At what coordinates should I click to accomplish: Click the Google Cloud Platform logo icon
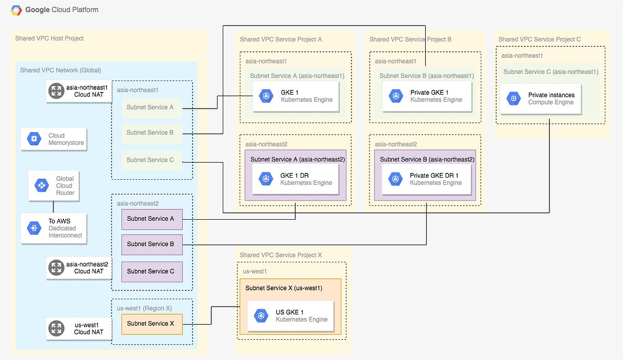[16, 10]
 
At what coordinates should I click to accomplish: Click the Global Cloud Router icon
[40, 185]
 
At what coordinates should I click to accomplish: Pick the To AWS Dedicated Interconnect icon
[34, 228]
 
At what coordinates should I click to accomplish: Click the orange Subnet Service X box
[152, 323]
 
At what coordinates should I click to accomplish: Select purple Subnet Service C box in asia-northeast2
[152, 271]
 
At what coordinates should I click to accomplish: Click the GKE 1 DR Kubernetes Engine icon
[266, 179]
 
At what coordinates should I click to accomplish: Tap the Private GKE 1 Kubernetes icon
[396, 96]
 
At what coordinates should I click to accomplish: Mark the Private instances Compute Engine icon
[513, 98]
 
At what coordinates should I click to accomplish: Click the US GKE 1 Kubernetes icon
[261, 315]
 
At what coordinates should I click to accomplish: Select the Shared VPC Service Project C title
[539, 39]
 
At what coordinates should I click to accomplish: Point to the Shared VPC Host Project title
[49, 38]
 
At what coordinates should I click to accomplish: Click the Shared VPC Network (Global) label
[60, 70]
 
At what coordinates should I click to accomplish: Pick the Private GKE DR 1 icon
[396, 179]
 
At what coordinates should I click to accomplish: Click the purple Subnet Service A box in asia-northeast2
[152, 219]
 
